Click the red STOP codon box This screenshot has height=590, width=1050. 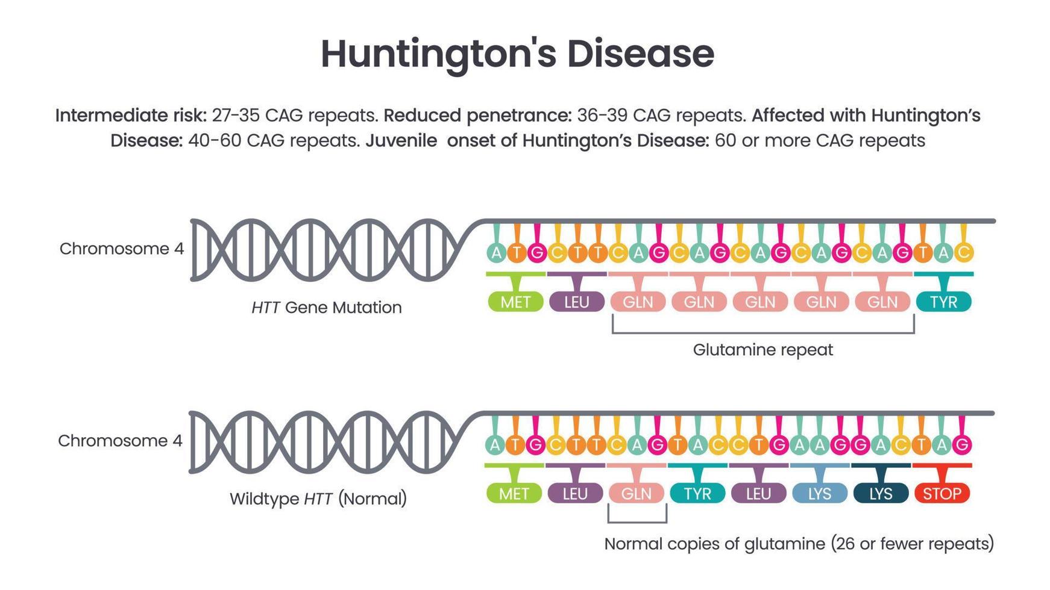click(x=942, y=494)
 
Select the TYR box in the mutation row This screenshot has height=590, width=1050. click(x=943, y=302)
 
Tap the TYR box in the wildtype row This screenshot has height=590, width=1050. click(x=697, y=494)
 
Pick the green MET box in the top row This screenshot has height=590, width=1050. click(x=515, y=302)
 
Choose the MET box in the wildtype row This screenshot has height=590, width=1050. click(x=514, y=494)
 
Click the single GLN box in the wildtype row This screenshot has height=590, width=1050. click(x=636, y=494)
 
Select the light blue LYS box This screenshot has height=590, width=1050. click(x=819, y=494)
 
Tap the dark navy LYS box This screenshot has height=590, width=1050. click(x=880, y=494)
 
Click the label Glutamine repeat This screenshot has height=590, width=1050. click(x=762, y=350)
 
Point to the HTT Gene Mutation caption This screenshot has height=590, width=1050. click(x=326, y=308)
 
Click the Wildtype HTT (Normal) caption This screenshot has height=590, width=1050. click(x=318, y=499)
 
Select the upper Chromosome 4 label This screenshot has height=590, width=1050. click(x=121, y=249)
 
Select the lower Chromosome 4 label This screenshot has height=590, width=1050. click(x=120, y=441)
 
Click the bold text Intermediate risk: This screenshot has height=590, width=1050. click(x=131, y=116)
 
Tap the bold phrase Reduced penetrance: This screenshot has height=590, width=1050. click(x=477, y=116)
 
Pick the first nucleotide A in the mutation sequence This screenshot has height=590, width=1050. click(x=496, y=253)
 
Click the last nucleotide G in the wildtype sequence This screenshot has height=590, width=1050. click(x=962, y=445)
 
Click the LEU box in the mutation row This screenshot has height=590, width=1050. click(x=576, y=302)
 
